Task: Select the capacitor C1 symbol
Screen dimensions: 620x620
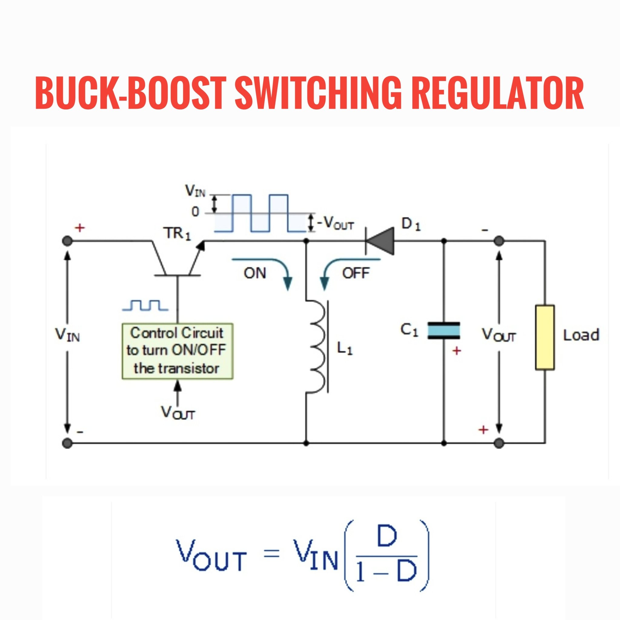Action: (444, 331)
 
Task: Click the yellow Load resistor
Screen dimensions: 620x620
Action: (545, 337)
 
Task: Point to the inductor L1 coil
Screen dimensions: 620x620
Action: (316, 347)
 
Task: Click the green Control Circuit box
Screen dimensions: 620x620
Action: (177, 351)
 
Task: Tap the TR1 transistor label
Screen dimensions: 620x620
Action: (178, 233)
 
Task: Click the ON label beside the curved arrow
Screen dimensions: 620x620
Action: (255, 273)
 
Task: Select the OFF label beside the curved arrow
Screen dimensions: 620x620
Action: (356, 273)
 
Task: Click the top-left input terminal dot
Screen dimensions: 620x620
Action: (67, 241)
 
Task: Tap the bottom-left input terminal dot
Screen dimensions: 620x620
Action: (67, 444)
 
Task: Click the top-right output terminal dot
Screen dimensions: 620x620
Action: (499, 241)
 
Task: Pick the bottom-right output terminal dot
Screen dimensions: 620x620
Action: (499, 444)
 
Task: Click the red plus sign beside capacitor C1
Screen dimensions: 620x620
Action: (456, 351)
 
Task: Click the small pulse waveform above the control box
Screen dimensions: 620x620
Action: (145, 305)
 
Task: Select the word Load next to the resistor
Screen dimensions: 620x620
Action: (582, 335)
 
